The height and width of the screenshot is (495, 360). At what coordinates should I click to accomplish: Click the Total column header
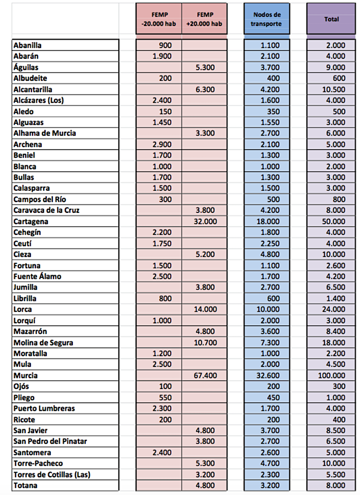331,19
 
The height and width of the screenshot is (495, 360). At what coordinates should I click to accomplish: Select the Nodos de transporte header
267,19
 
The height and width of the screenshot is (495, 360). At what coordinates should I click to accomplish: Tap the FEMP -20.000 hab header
159,19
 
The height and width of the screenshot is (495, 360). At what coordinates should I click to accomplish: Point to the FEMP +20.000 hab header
204,19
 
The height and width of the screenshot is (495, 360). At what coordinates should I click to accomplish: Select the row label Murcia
26,375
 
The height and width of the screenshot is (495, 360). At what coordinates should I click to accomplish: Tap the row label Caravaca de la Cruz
46,210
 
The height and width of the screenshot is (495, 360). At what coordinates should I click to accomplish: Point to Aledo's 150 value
165,111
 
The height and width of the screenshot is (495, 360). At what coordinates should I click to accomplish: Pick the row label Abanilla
28,45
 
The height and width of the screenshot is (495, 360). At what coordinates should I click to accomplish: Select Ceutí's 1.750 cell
162,243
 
